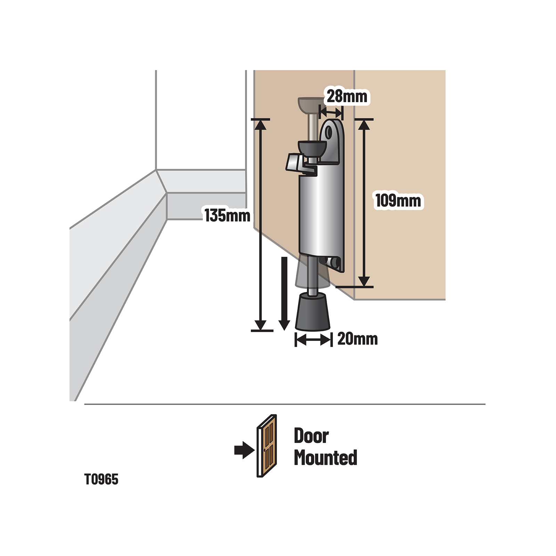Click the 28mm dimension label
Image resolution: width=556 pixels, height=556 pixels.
pos(347,96)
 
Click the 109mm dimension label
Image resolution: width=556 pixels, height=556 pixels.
pos(398,201)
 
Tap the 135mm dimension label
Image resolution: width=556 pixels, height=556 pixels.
pos(227,215)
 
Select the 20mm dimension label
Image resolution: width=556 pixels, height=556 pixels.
pos(357,339)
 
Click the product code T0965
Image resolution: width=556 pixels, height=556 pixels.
pos(101,480)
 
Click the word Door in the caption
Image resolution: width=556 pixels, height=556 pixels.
pos(311,436)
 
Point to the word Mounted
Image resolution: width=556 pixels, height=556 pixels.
pos(325,458)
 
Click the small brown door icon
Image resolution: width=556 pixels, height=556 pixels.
pos(267,446)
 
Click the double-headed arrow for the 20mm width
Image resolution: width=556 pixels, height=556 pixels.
pos(313,340)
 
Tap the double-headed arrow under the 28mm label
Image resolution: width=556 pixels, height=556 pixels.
pos(331,113)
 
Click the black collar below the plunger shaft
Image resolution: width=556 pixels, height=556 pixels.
pos(312,149)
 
